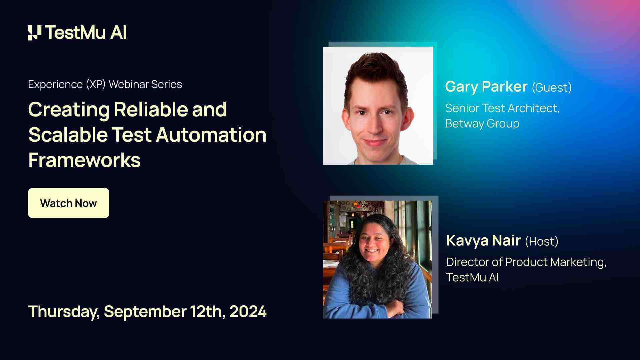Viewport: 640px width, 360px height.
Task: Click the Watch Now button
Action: (x=68, y=203)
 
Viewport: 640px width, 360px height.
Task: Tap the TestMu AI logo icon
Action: (x=35, y=33)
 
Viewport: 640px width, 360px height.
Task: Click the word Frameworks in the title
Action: (x=84, y=160)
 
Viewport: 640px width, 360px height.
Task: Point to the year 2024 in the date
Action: (x=248, y=312)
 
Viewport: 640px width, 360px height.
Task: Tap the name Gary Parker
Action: (x=486, y=87)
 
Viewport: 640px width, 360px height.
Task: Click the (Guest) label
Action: (x=551, y=88)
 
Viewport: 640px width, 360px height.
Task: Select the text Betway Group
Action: (x=482, y=124)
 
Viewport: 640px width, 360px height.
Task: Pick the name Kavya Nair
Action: (x=483, y=241)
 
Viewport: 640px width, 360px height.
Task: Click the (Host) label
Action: (x=541, y=242)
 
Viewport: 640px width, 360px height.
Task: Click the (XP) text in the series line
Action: (x=96, y=85)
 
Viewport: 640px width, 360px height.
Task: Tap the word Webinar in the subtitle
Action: (x=128, y=84)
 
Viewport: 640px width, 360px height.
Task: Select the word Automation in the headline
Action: (x=211, y=135)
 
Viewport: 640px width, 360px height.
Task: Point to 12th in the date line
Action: (x=207, y=312)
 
